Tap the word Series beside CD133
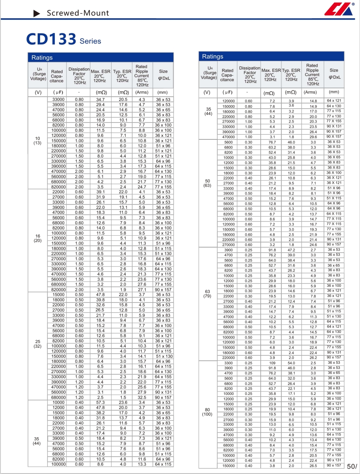[90, 41]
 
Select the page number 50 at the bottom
[351, 466]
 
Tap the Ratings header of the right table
[213, 57]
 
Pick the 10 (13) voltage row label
[37, 141]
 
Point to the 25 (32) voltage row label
[37, 344]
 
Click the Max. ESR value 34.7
[100, 99]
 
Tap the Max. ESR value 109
[272, 363]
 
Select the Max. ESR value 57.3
[100, 403]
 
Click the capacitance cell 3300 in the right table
[228, 363]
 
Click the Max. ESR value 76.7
[272, 142]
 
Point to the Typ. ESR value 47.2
[292, 250]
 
